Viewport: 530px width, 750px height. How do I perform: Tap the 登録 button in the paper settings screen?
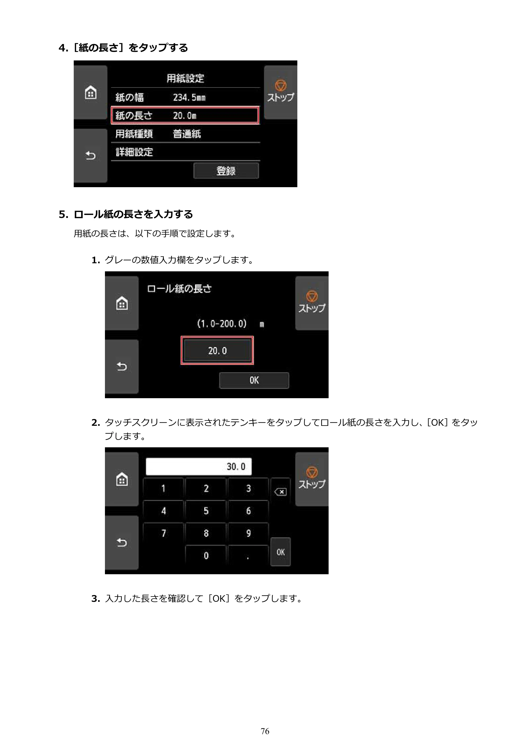pos(226,170)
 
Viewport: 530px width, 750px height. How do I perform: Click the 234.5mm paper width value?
pos(189,97)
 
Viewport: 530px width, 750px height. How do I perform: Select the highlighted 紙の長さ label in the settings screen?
pos(134,115)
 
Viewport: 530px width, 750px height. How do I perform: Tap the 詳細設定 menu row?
pos(185,152)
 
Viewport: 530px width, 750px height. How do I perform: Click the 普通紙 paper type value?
pos(187,134)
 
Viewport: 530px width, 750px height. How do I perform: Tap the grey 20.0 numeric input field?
pos(217,350)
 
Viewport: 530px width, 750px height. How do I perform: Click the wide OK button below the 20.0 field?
pos(254,380)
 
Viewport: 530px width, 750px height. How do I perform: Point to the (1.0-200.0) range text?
pos(222,324)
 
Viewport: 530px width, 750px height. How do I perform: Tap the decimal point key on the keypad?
pos(248,556)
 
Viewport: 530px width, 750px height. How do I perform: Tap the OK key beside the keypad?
pos(281,552)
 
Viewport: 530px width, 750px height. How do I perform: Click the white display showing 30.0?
pos(198,467)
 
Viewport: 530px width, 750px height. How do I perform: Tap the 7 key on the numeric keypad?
pos(163,533)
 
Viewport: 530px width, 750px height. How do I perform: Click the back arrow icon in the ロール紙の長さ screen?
pos(122,366)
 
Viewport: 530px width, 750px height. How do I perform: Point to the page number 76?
pos(265,731)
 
